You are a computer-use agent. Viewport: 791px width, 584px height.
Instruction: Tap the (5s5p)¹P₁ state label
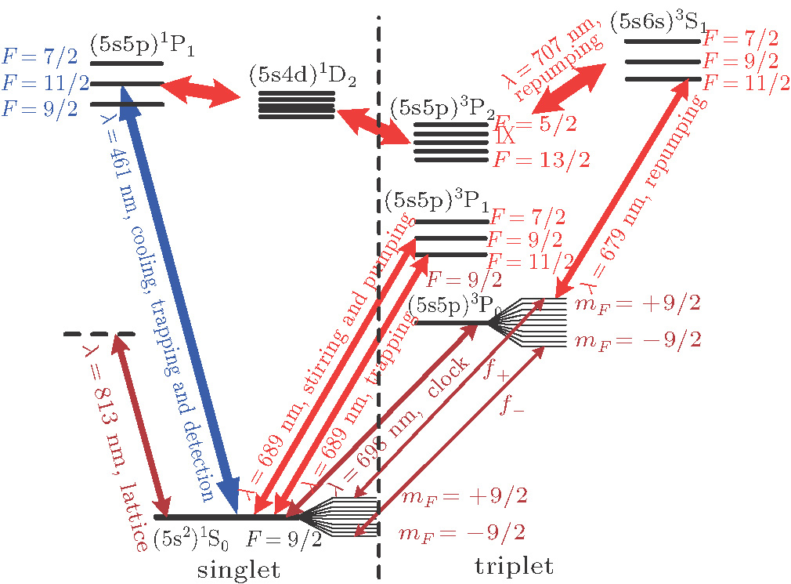coord(142,45)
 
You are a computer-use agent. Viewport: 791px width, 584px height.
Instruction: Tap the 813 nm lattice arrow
coord(141,423)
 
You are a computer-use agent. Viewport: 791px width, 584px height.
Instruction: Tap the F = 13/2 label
coord(540,161)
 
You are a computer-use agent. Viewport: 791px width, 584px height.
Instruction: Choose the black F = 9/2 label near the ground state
coord(284,539)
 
